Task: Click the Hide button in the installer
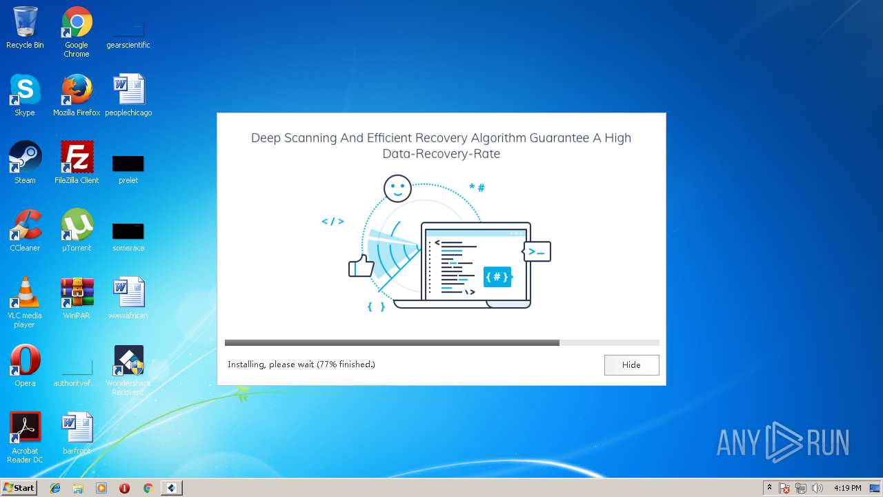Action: pyautogui.click(x=631, y=365)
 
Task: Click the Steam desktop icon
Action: pyautogui.click(x=25, y=158)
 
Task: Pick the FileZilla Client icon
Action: pyautogui.click(x=77, y=158)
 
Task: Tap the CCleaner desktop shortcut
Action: pyautogui.click(x=25, y=226)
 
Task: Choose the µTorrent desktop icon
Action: pyautogui.click(x=77, y=226)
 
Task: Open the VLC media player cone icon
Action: pyautogui.click(x=25, y=293)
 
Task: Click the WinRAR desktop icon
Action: pyautogui.click(x=77, y=293)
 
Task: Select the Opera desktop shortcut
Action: pyautogui.click(x=25, y=361)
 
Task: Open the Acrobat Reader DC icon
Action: pyautogui.click(x=25, y=429)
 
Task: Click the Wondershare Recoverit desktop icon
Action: pyautogui.click(x=128, y=361)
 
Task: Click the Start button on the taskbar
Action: pyautogui.click(x=19, y=488)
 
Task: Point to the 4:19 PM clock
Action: pyautogui.click(x=847, y=488)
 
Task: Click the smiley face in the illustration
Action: pyautogui.click(x=397, y=188)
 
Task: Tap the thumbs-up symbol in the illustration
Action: pyautogui.click(x=360, y=266)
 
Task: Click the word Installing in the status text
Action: pyautogui.click(x=246, y=364)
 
